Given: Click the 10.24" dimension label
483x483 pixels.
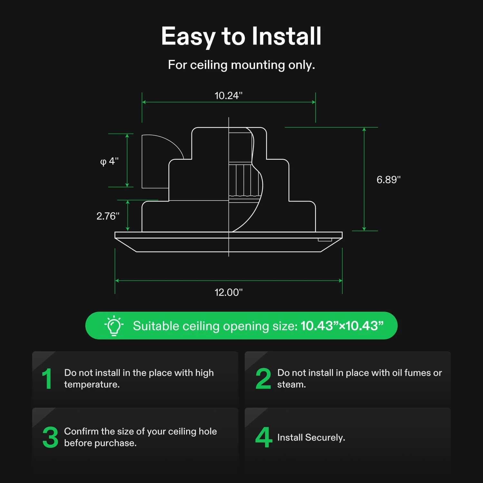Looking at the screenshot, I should [x=228, y=96].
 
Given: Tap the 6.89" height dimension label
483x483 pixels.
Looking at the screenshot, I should [x=388, y=180].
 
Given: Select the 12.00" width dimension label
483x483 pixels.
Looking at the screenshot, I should [x=228, y=292].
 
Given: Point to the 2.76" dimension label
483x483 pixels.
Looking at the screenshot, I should [x=108, y=216].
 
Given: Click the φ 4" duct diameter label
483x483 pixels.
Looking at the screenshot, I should [x=109, y=161].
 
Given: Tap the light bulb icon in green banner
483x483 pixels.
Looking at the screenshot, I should [x=114, y=326].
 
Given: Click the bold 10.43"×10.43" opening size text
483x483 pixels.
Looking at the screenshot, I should [x=342, y=326].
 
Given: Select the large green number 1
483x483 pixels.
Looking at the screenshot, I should [x=47, y=379].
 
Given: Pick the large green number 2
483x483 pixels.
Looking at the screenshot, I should [x=263, y=379].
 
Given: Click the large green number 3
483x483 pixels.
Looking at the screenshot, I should [x=50, y=437].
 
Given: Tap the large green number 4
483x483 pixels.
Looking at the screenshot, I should [x=263, y=437].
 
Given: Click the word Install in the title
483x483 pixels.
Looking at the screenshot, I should [x=286, y=36].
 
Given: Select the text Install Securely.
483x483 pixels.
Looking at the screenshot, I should [x=311, y=437].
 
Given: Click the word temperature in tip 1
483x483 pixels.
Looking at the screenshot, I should [x=91, y=384].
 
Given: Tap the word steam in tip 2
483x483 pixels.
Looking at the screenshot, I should [x=291, y=384].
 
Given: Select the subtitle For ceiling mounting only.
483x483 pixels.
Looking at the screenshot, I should [x=241, y=65].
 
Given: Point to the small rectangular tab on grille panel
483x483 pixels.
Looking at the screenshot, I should [x=325, y=240].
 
